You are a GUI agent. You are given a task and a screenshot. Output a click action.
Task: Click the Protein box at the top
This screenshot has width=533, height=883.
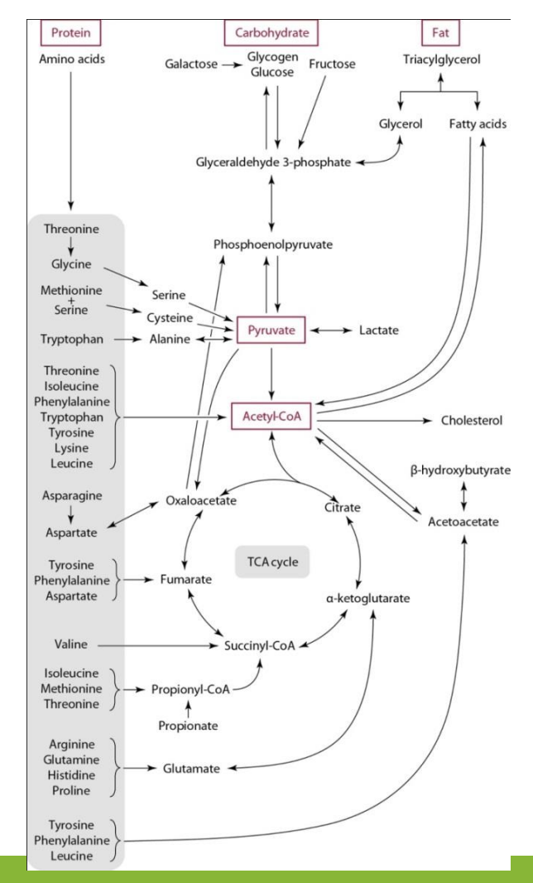coord(70,33)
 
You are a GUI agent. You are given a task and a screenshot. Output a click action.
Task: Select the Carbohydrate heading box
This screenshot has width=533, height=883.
coord(271,33)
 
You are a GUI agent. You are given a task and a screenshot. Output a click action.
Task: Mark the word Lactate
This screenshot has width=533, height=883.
coord(379,331)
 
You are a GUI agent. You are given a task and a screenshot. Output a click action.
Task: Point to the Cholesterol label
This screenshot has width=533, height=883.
coord(470,421)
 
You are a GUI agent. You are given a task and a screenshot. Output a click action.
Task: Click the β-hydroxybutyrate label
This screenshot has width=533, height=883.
coord(460,470)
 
